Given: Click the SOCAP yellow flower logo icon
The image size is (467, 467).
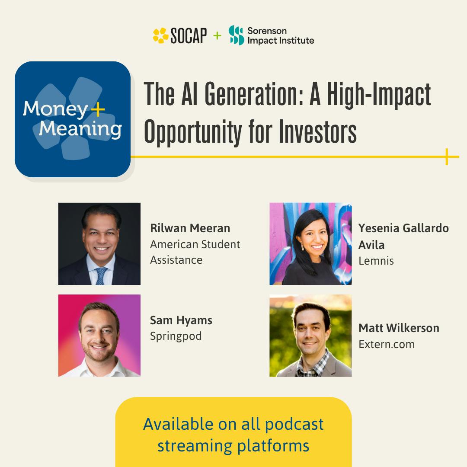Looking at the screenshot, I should coord(160,35).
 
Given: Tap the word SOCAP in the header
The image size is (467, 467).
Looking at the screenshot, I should coord(189,36).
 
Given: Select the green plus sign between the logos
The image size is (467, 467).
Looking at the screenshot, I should coord(217,35).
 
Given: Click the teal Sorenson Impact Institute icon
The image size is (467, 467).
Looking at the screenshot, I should coord(237,35).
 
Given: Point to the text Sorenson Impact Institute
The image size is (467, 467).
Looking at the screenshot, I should coord(280,35).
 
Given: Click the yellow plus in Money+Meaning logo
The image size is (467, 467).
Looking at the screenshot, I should coord(99,109).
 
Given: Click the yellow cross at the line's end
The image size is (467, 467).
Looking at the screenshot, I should coord(446,157).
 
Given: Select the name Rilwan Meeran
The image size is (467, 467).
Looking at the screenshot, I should coord(190,228).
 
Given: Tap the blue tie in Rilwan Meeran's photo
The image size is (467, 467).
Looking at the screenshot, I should coord(101,275).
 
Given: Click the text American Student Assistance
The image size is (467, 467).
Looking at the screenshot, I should coord(195,252).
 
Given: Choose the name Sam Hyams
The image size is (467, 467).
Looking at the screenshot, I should coord(181,320).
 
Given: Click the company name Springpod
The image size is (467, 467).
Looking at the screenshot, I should coord(176,336).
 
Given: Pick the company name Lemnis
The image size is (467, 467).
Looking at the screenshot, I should coord(376,261).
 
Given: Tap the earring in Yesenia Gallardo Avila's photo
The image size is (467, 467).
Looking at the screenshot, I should coord(302,248).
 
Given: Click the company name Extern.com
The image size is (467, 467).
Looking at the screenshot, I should coord(386,344).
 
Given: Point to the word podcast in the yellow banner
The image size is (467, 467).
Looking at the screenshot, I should coord(294,424).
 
